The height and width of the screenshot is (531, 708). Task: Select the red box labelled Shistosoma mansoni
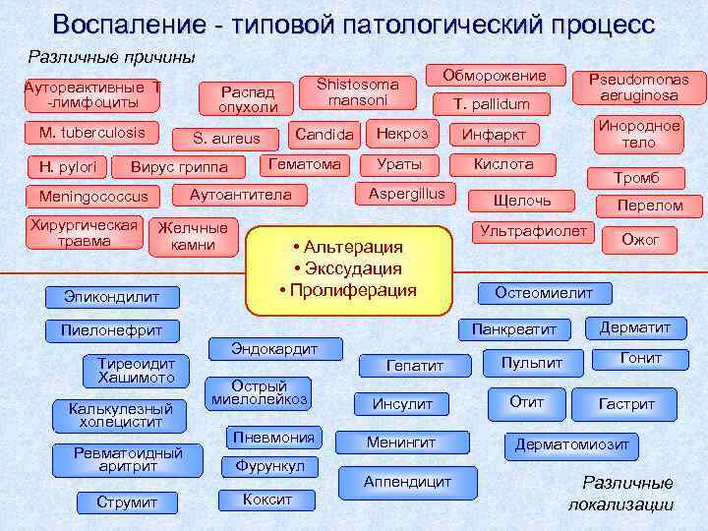coord(358,92)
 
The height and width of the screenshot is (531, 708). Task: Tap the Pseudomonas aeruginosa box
coord(639,87)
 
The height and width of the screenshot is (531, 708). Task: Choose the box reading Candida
coord(324,134)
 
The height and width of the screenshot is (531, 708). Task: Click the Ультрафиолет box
coord(533,232)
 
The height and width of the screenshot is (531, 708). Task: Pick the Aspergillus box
coord(406,194)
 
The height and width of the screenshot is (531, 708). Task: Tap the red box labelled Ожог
coord(640,239)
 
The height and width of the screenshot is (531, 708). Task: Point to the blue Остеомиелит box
coord(543,293)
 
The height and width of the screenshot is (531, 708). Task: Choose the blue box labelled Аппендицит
coord(407,482)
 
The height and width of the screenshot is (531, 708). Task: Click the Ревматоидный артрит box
coord(128,459)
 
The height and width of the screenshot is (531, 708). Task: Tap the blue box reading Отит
coord(527,402)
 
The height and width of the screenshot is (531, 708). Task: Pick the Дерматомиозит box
coord(571,444)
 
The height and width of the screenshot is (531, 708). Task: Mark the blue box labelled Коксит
coord(267,500)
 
